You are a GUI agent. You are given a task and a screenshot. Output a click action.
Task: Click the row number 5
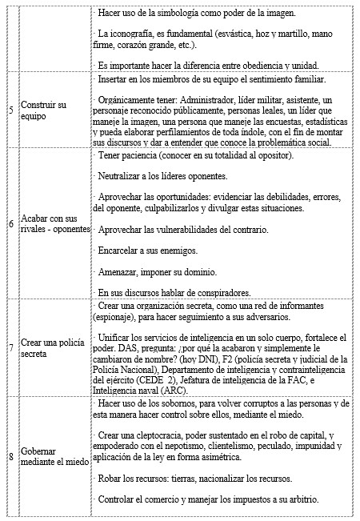(9, 108)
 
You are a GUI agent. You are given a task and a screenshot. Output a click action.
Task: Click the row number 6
(9, 223)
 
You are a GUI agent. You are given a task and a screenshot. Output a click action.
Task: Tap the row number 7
(9, 349)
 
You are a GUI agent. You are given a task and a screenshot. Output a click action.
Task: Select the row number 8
(9, 457)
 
